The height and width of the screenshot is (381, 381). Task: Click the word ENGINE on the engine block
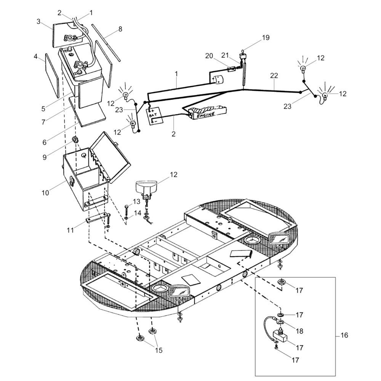point(206,114)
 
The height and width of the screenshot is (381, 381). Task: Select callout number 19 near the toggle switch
point(266,38)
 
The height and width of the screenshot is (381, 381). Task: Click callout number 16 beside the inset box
point(344,335)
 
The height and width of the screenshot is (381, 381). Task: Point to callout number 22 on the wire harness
point(274,75)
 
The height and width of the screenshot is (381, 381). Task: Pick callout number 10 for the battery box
point(45,193)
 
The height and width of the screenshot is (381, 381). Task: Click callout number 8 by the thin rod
point(120,29)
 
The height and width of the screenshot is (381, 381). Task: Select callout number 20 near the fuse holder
point(209,56)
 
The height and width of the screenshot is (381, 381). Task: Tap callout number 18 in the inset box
point(299,331)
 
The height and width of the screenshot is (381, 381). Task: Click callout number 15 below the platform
point(158,351)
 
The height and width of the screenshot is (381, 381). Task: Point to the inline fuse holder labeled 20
point(231,69)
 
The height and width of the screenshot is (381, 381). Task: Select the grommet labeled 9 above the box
point(75,140)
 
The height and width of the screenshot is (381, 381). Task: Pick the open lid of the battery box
point(110,157)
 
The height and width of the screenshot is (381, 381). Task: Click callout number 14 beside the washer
point(137,213)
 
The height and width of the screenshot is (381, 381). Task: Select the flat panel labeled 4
point(52,76)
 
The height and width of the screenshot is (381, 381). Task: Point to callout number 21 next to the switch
point(225,55)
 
